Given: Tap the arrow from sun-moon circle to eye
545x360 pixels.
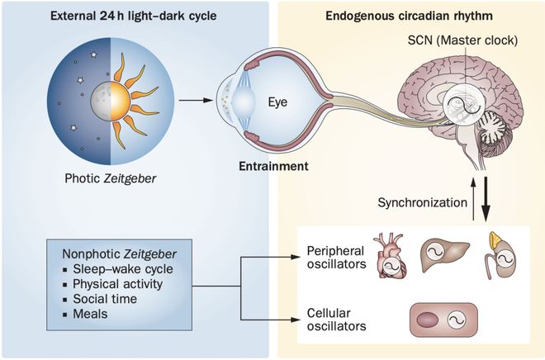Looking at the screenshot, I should tap(191, 102).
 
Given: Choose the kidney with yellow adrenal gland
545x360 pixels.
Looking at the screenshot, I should tap(499, 252).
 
